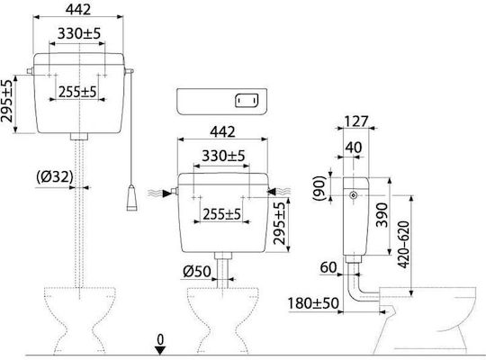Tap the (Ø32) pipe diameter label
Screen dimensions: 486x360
(55, 177)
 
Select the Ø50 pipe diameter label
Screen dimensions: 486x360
(197, 272)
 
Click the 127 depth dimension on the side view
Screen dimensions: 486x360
(356, 121)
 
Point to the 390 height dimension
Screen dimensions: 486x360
(382, 215)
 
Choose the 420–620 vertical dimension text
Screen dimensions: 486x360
(403, 244)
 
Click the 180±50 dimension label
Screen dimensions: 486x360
(313, 303)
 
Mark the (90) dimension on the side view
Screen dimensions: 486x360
(319, 188)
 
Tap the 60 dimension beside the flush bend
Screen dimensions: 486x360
(328, 267)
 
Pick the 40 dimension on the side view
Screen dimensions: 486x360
(354, 148)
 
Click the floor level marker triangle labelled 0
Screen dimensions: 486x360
(160, 350)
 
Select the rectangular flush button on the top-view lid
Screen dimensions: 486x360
(247, 101)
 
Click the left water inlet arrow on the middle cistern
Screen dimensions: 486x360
(167, 193)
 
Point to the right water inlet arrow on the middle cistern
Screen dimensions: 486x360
(272, 192)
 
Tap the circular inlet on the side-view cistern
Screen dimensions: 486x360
(353, 195)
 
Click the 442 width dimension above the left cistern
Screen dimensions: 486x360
(78, 9)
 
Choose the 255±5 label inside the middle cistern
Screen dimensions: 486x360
(221, 214)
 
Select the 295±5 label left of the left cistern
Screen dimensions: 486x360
(7, 101)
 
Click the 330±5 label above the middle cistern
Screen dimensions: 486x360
(223, 156)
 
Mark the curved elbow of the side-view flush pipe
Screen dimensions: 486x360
(354, 293)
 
